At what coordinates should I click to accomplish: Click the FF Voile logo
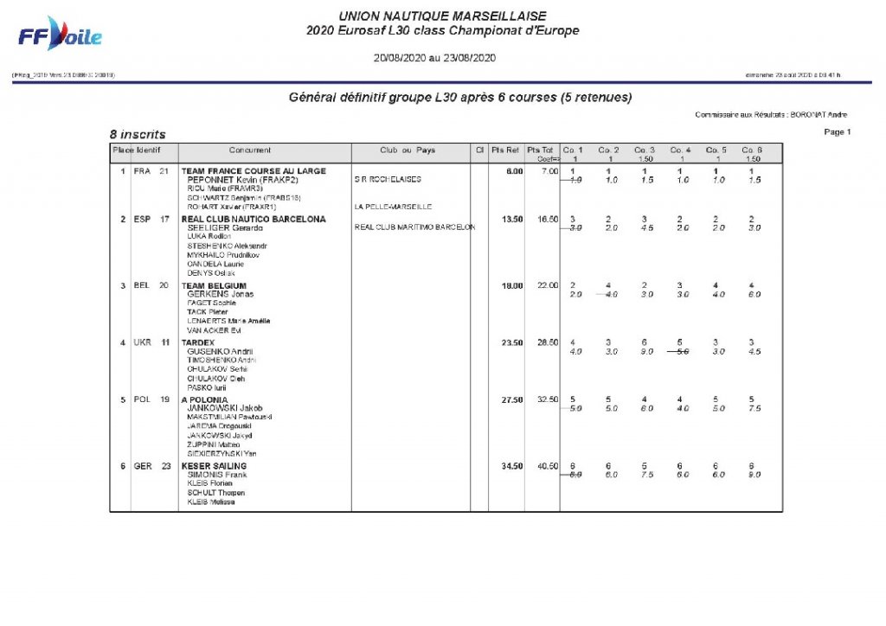click(x=61, y=35)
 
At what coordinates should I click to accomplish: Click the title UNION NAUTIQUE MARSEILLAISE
click(x=442, y=16)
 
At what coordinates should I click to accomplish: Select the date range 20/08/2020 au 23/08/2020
click(x=433, y=58)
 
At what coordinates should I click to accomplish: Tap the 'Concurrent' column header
click(x=250, y=150)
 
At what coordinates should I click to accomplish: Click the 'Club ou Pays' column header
click(x=408, y=150)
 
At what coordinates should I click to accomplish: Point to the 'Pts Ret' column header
click(x=505, y=150)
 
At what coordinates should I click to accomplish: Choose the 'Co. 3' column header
click(x=644, y=150)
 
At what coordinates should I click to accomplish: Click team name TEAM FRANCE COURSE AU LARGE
click(x=254, y=171)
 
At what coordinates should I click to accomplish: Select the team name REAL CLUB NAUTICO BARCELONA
click(x=254, y=220)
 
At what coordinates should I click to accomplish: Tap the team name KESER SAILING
click(x=214, y=466)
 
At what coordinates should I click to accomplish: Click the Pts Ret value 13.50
click(x=512, y=220)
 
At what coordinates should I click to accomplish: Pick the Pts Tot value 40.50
click(x=546, y=466)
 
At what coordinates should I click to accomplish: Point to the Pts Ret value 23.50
click(x=512, y=342)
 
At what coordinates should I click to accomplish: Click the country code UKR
click(x=142, y=342)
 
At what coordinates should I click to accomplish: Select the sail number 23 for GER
click(x=164, y=466)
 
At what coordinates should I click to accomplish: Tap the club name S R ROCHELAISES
click(x=388, y=180)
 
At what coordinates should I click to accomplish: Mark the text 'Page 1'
click(x=838, y=132)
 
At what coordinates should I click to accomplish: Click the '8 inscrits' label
click(x=138, y=134)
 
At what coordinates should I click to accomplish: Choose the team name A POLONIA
click(x=204, y=400)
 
